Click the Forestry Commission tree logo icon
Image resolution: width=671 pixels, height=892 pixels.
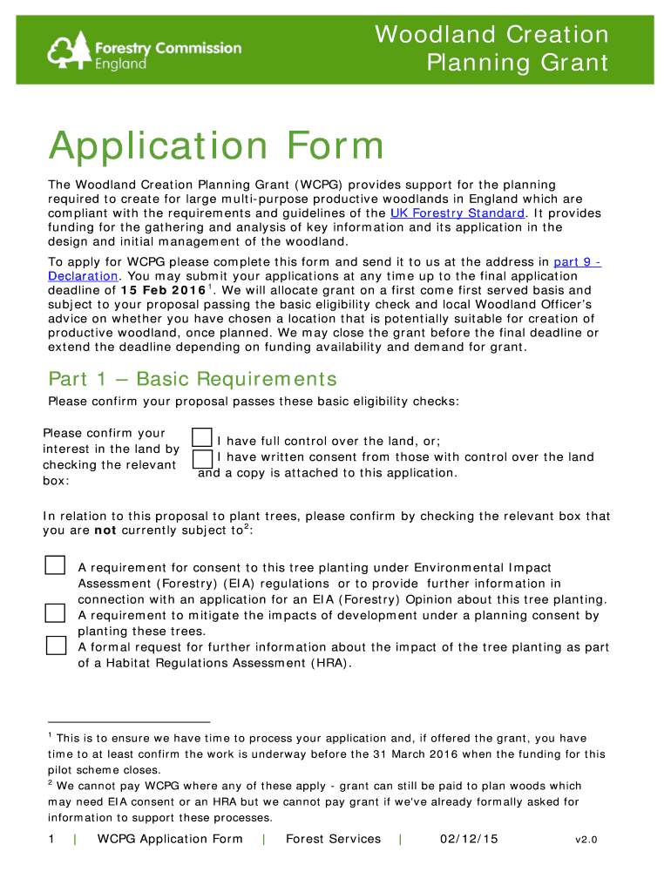(68, 51)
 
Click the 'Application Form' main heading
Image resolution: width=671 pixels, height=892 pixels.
(216, 145)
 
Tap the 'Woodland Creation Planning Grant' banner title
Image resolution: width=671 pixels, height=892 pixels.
(491, 49)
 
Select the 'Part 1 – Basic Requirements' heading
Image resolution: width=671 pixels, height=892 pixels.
(192, 380)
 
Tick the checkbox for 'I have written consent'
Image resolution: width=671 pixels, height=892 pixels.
(201, 458)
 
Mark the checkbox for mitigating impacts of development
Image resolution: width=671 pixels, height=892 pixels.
(55, 612)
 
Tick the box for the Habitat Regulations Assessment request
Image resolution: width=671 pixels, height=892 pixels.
(55, 645)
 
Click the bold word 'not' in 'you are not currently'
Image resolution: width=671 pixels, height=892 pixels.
(105, 530)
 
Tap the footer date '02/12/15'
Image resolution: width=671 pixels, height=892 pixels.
(469, 839)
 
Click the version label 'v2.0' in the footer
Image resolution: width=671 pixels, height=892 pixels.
(586, 840)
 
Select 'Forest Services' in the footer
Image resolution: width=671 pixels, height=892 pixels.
(333, 839)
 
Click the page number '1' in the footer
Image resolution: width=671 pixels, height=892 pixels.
(51, 839)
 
